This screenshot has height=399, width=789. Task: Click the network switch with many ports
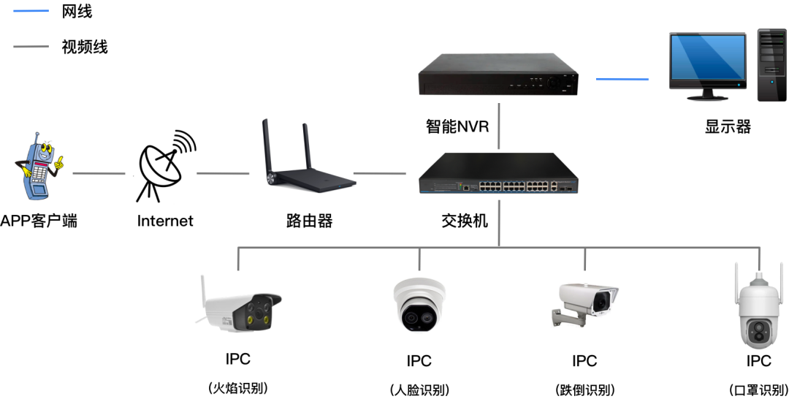(498, 174)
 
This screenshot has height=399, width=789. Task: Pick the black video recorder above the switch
(498, 76)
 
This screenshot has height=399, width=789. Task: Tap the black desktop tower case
(771, 65)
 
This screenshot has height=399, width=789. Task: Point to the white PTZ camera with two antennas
(760, 310)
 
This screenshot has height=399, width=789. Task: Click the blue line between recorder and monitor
(622, 79)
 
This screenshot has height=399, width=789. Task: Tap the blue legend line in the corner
(31, 11)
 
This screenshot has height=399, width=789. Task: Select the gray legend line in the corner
(31, 47)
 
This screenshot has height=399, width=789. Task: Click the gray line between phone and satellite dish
(99, 174)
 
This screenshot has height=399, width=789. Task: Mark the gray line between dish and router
(223, 174)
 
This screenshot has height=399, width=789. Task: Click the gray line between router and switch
(380, 174)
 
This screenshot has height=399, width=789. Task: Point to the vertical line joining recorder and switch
(499, 126)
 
